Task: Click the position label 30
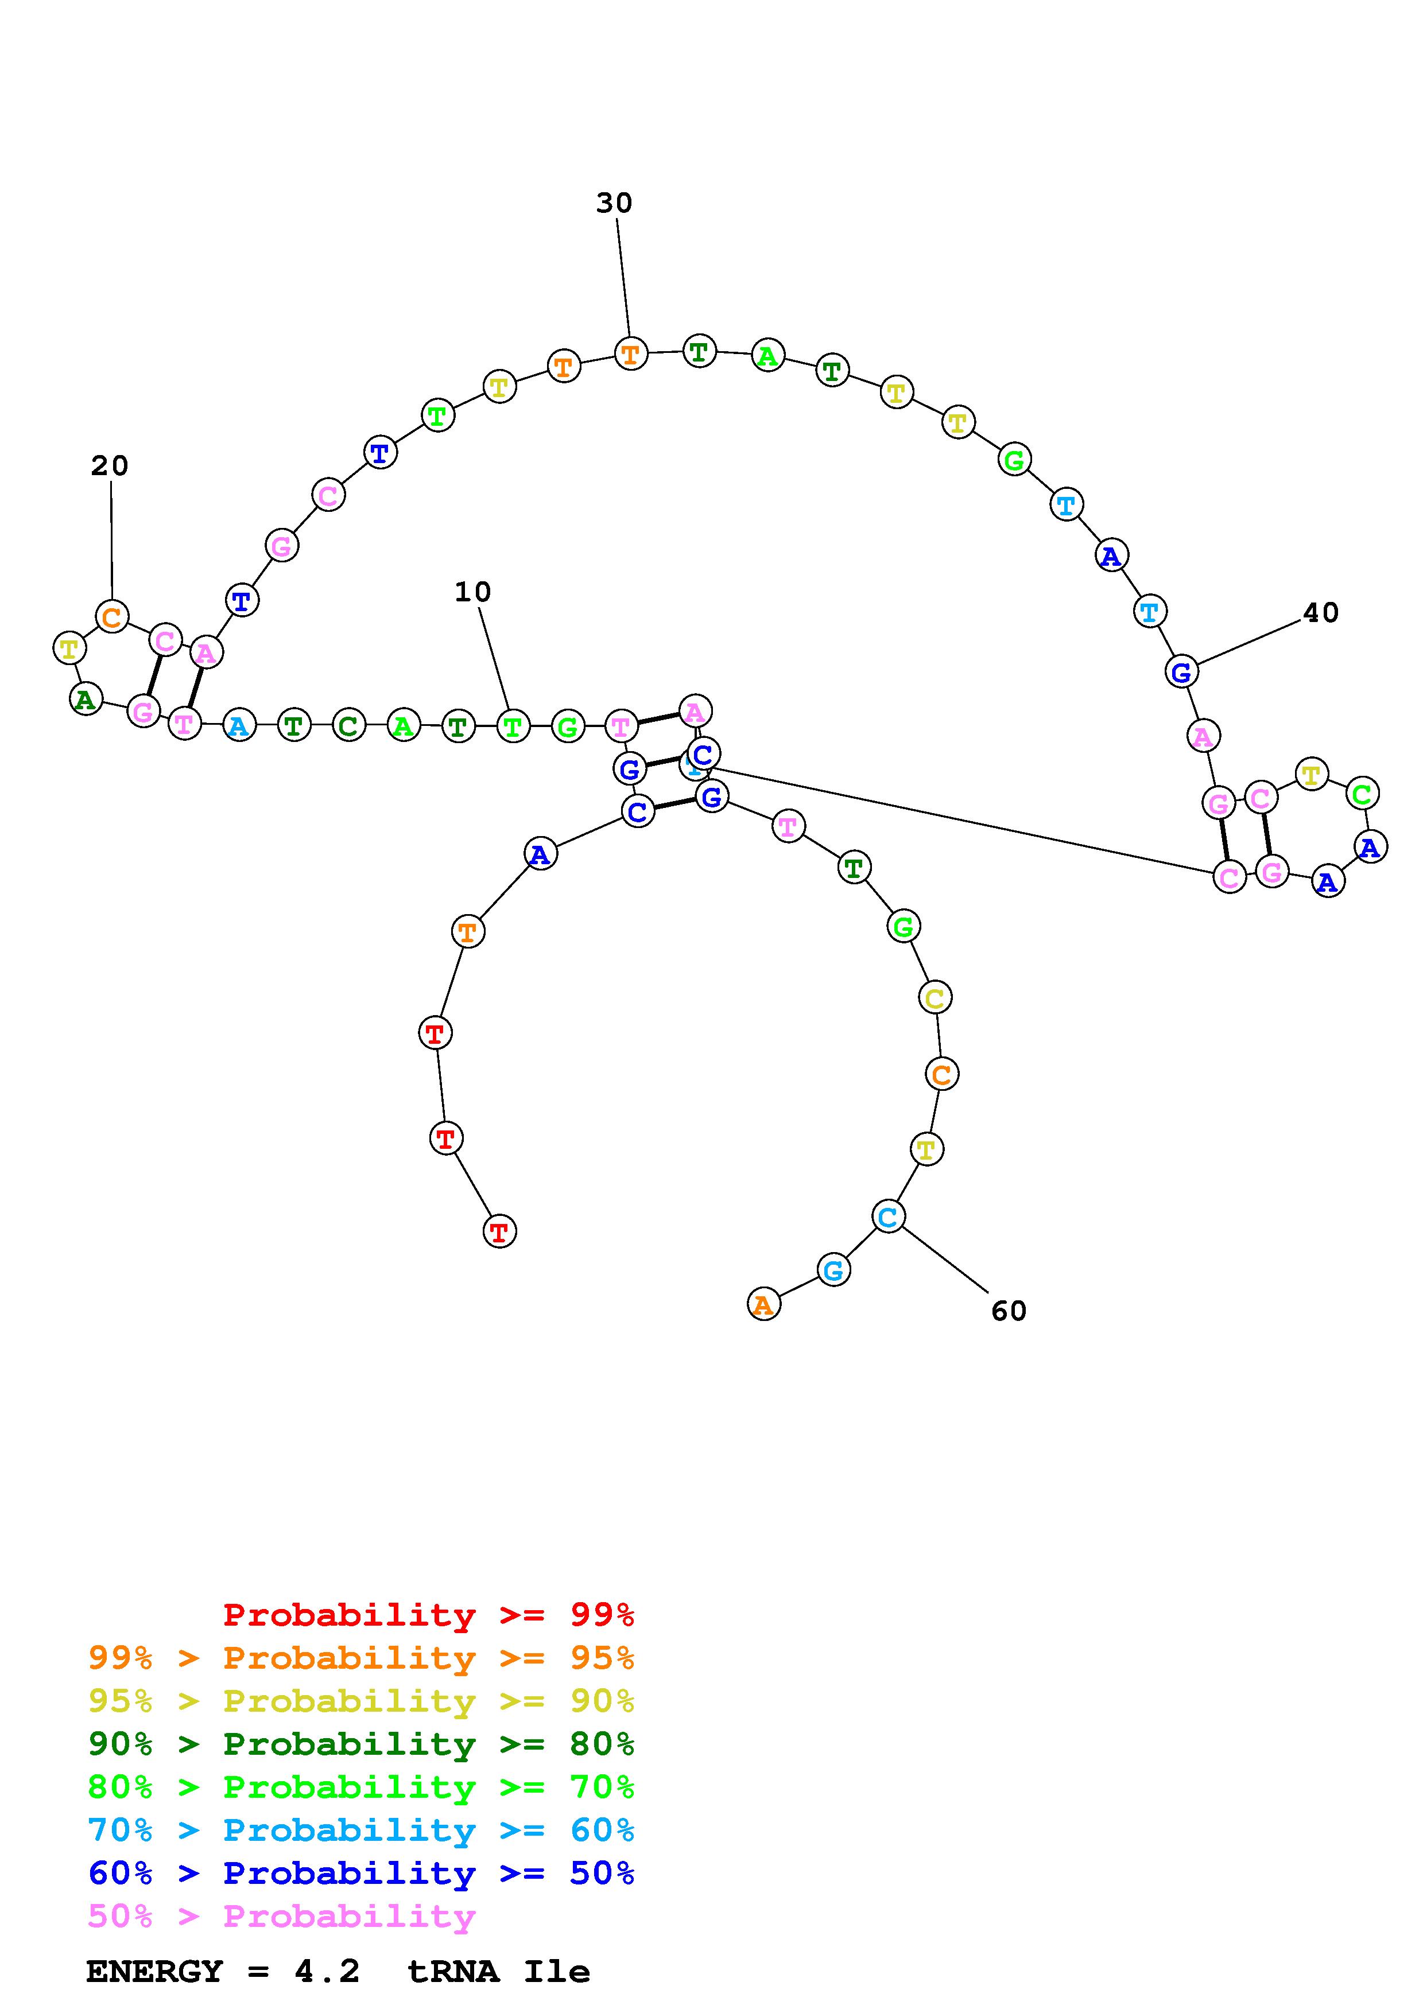click(x=614, y=203)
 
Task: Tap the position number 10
click(x=472, y=593)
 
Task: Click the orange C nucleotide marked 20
click(x=111, y=617)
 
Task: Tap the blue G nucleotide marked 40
click(x=1181, y=673)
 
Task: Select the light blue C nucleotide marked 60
click(x=888, y=1217)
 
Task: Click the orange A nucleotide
click(x=763, y=1304)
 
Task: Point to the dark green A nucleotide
click(x=85, y=700)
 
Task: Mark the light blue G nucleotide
click(x=833, y=1270)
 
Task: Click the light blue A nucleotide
click(x=238, y=726)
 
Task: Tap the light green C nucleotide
click(x=1362, y=794)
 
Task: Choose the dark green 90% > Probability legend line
click(x=360, y=1744)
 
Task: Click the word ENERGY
click(x=154, y=1972)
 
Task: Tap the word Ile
click(x=557, y=1972)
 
